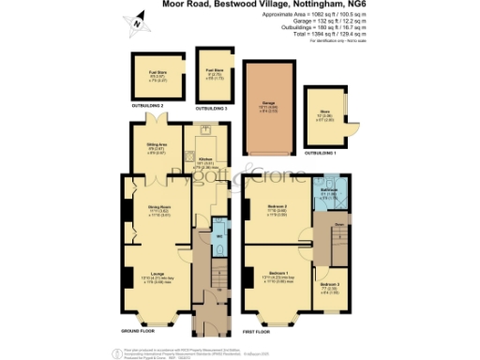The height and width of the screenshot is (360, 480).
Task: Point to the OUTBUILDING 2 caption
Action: (148, 106)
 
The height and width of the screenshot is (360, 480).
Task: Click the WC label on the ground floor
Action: (217, 237)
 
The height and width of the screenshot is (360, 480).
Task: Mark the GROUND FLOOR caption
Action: (138, 331)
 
